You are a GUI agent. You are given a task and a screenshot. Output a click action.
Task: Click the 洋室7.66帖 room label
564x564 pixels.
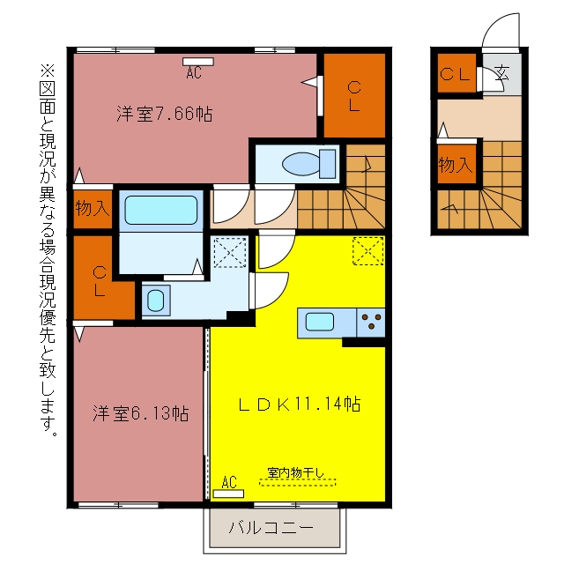pyautogui.click(x=165, y=114)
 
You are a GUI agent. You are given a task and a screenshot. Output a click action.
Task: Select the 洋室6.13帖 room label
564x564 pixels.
pyautogui.click(x=141, y=413)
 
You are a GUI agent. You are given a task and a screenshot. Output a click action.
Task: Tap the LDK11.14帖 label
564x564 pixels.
pyautogui.click(x=300, y=404)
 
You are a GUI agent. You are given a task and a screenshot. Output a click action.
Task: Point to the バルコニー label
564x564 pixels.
pyautogui.click(x=271, y=528)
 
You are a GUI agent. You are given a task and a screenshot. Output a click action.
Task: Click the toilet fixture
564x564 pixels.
pyautogui.click(x=309, y=164)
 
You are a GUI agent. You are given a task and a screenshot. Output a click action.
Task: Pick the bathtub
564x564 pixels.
pyautogui.click(x=161, y=211)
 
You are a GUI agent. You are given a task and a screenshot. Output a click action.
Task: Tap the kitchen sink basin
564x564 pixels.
pyautogui.click(x=319, y=322)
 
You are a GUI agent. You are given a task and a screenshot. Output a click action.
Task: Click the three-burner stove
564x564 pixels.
pyautogui.click(x=371, y=323)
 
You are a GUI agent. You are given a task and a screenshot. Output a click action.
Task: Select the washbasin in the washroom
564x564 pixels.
pyautogui.click(x=156, y=301)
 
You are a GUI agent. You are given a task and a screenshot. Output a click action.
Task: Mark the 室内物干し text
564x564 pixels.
pyautogui.click(x=296, y=472)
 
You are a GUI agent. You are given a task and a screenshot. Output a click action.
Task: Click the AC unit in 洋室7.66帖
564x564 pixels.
pyautogui.click(x=197, y=62)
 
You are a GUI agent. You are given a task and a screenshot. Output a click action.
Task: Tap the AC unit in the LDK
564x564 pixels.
pyautogui.click(x=228, y=493)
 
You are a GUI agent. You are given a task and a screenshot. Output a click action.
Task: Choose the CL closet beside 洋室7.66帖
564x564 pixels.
pyautogui.click(x=354, y=96)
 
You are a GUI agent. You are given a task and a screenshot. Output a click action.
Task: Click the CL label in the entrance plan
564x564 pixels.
pyautogui.click(x=455, y=74)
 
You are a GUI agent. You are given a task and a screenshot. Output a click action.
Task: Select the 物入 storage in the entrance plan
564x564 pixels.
pyautogui.click(x=456, y=165)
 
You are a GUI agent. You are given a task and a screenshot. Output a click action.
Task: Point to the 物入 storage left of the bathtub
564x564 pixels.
pyautogui.click(x=93, y=208)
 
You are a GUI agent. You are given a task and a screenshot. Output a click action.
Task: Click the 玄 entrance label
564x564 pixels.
pyautogui.click(x=501, y=74)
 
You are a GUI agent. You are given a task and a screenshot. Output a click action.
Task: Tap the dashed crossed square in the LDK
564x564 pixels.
pyautogui.click(x=368, y=250)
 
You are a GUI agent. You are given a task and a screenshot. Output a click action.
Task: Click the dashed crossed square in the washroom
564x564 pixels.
pyautogui.click(x=230, y=252)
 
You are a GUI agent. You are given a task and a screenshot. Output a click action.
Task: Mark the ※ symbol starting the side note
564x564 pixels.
pyautogui.click(x=48, y=70)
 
